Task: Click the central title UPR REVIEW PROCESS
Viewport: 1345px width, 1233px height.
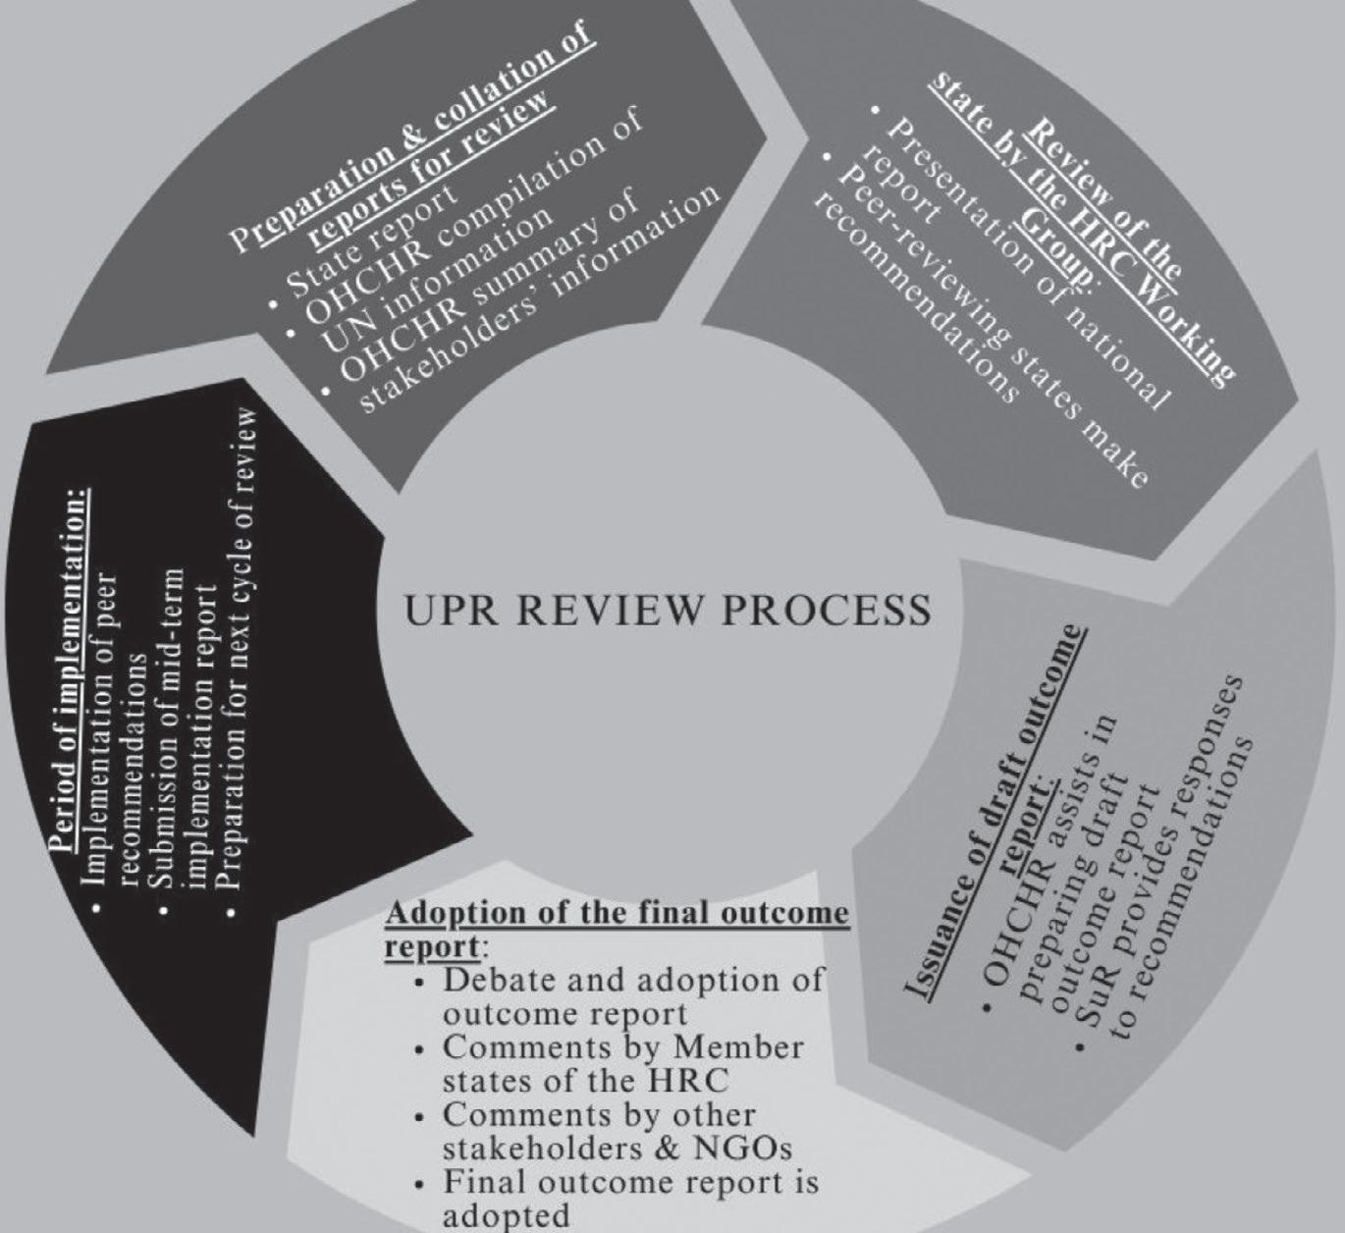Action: (668, 611)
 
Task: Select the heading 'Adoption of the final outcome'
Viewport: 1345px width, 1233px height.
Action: (617, 915)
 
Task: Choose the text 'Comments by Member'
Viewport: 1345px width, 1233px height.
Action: (622, 1048)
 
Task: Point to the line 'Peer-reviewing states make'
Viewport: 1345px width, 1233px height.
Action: (992, 324)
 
